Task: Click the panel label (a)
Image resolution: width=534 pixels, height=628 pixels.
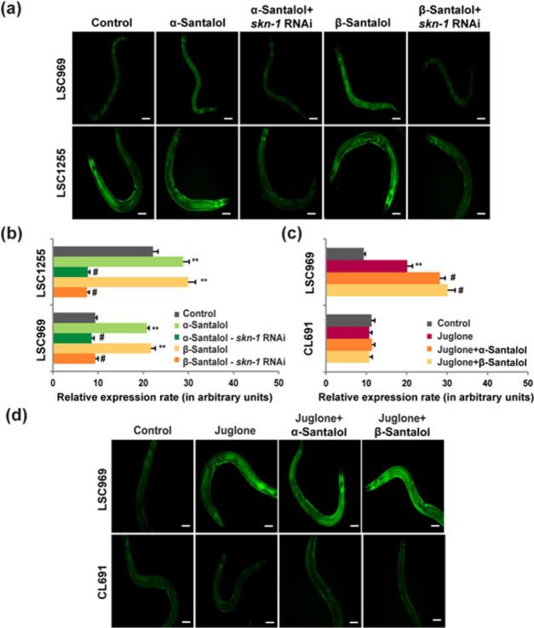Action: [14, 10]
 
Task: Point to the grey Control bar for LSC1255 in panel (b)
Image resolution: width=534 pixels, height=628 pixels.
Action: [102, 251]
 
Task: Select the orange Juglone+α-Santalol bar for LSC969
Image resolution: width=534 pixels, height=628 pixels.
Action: [383, 277]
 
